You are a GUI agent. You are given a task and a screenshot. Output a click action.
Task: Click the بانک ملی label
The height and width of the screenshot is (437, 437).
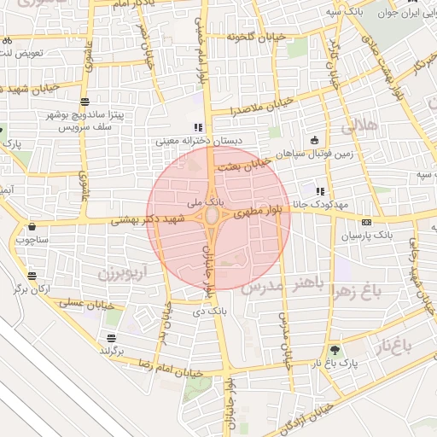point(207,202)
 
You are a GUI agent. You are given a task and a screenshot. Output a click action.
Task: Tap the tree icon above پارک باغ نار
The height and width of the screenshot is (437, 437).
point(334,349)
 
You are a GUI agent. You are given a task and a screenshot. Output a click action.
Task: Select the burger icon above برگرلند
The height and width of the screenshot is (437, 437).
point(111,339)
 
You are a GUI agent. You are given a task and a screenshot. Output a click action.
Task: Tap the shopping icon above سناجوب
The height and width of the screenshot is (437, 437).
point(32,227)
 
